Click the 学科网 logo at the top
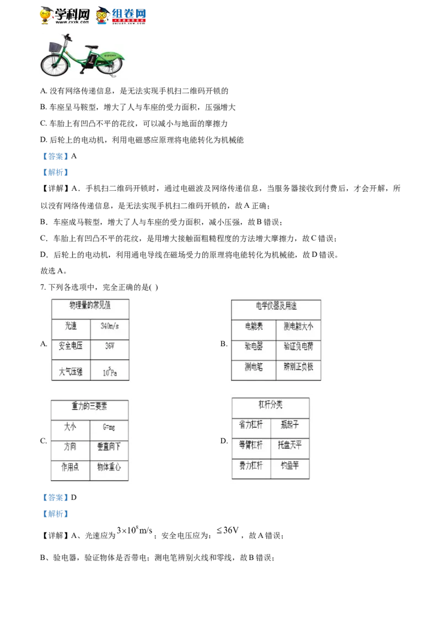[x=65, y=15]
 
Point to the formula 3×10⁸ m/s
[x=135, y=530]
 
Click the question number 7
[x=42, y=287]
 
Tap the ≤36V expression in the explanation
[x=228, y=530]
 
